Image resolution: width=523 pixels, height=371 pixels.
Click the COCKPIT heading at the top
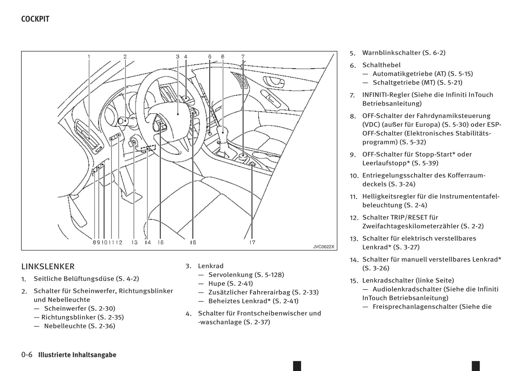(x=35, y=19)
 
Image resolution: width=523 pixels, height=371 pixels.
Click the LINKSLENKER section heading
(x=48, y=266)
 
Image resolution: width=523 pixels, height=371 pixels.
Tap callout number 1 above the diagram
(x=89, y=56)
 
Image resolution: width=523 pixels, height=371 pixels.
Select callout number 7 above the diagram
(x=243, y=56)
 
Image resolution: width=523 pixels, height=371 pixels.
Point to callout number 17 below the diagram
(x=252, y=242)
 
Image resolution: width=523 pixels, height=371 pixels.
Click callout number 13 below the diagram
(x=135, y=242)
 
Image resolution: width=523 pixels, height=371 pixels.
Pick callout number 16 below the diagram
(x=193, y=242)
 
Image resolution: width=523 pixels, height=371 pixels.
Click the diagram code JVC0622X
(x=324, y=247)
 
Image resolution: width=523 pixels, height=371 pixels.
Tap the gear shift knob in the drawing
(x=222, y=132)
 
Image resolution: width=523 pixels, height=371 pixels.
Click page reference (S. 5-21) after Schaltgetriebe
(x=450, y=82)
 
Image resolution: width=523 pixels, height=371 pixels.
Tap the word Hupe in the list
(x=216, y=283)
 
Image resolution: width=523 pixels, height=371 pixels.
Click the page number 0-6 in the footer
(x=27, y=355)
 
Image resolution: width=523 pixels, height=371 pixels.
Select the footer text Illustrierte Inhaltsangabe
(x=77, y=355)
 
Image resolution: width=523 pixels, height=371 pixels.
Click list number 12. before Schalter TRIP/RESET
(x=354, y=218)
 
